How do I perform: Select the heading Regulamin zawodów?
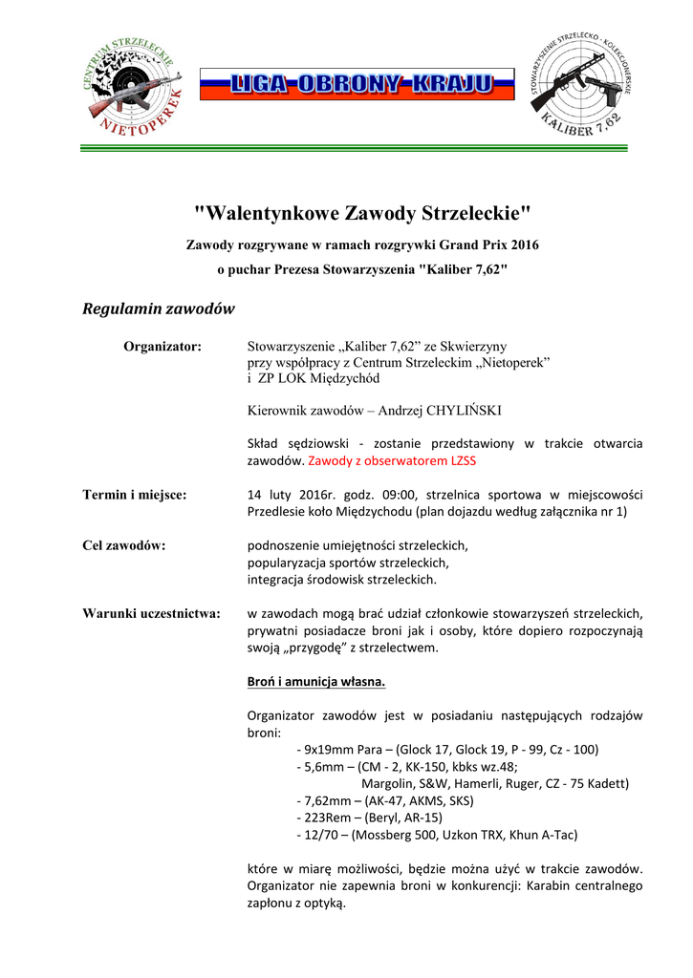158,309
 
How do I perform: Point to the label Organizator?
162,346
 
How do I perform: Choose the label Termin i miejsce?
135,495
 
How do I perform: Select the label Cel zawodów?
124,545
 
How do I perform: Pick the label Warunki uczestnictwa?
151,612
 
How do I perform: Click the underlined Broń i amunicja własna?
316,682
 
